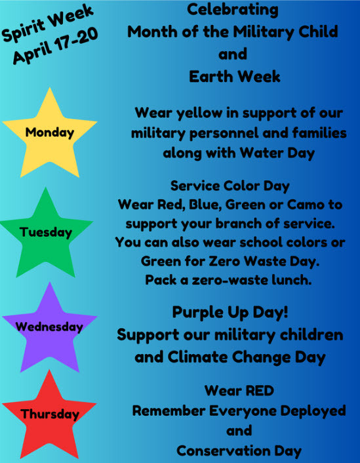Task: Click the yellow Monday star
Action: tap(49, 133)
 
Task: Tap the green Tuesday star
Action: tap(45, 232)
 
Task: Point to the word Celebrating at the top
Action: tap(233, 10)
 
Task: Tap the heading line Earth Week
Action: tap(234, 77)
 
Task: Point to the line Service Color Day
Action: tap(230, 186)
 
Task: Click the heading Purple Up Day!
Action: tap(230, 312)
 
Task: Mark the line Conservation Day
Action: tap(239, 451)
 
